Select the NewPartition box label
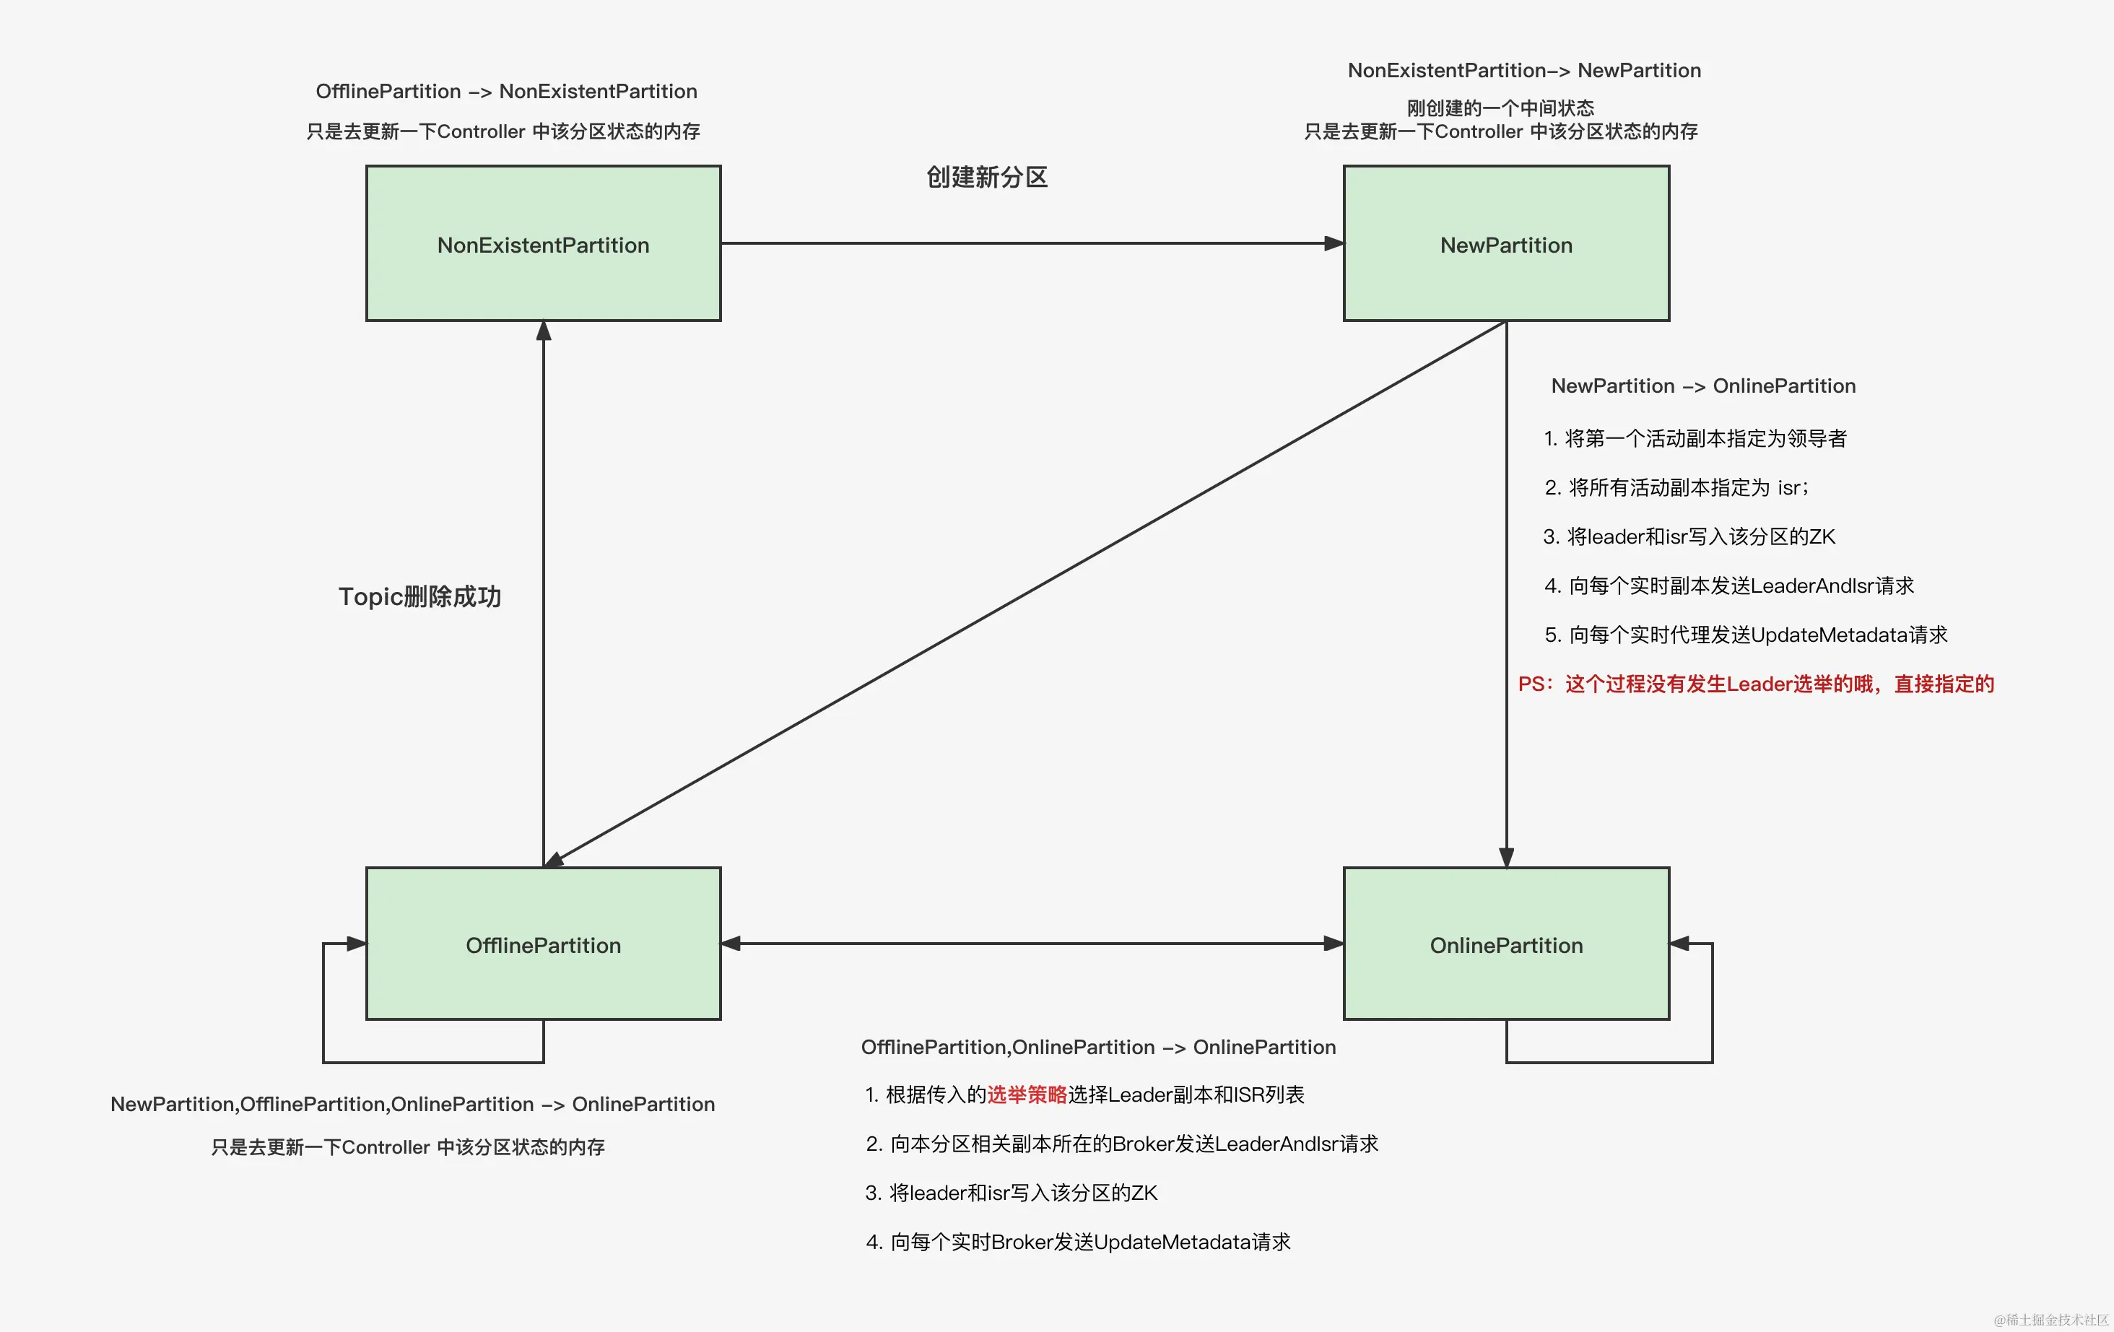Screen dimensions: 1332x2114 (x=1505, y=245)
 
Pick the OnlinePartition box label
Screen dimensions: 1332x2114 (x=1505, y=945)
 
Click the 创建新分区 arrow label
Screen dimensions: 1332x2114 (x=987, y=178)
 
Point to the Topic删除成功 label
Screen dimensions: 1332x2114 (x=419, y=596)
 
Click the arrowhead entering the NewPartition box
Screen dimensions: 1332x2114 (x=1334, y=243)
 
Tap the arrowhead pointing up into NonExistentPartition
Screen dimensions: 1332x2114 (x=544, y=331)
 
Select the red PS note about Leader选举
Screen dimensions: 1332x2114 (x=1756, y=683)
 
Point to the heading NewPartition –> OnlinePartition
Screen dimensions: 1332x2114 (x=1702, y=386)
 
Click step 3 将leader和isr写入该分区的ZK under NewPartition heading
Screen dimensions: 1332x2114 (x=1688, y=536)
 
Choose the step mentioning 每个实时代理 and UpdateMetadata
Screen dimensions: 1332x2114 (x=1745, y=634)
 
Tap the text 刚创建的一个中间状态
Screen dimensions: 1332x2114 (x=1500, y=108)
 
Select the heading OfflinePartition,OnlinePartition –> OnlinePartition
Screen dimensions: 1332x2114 (x=1097, y=1047)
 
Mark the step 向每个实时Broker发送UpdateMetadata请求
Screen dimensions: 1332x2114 (x=1078, y=1242)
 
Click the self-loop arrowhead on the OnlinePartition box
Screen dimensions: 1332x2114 (x=1679, y=944)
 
